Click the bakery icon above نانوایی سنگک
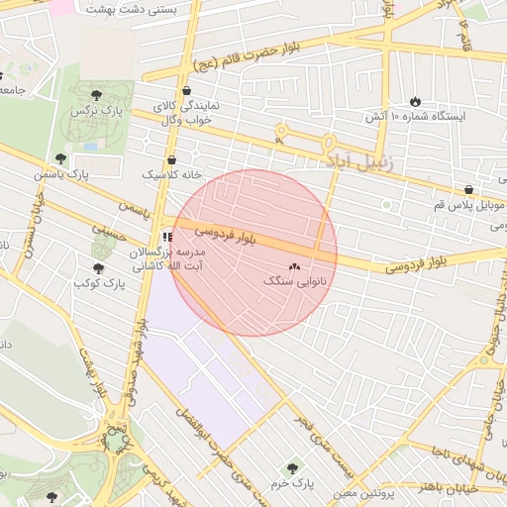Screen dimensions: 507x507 click(x=294, y=267)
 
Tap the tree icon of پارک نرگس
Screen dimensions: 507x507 click(x=96, y=95)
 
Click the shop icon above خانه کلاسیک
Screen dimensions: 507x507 click(x=172, y=158)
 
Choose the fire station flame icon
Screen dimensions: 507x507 click(x=414, y=101)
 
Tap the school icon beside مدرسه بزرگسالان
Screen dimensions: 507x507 click(x=167, y=238)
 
